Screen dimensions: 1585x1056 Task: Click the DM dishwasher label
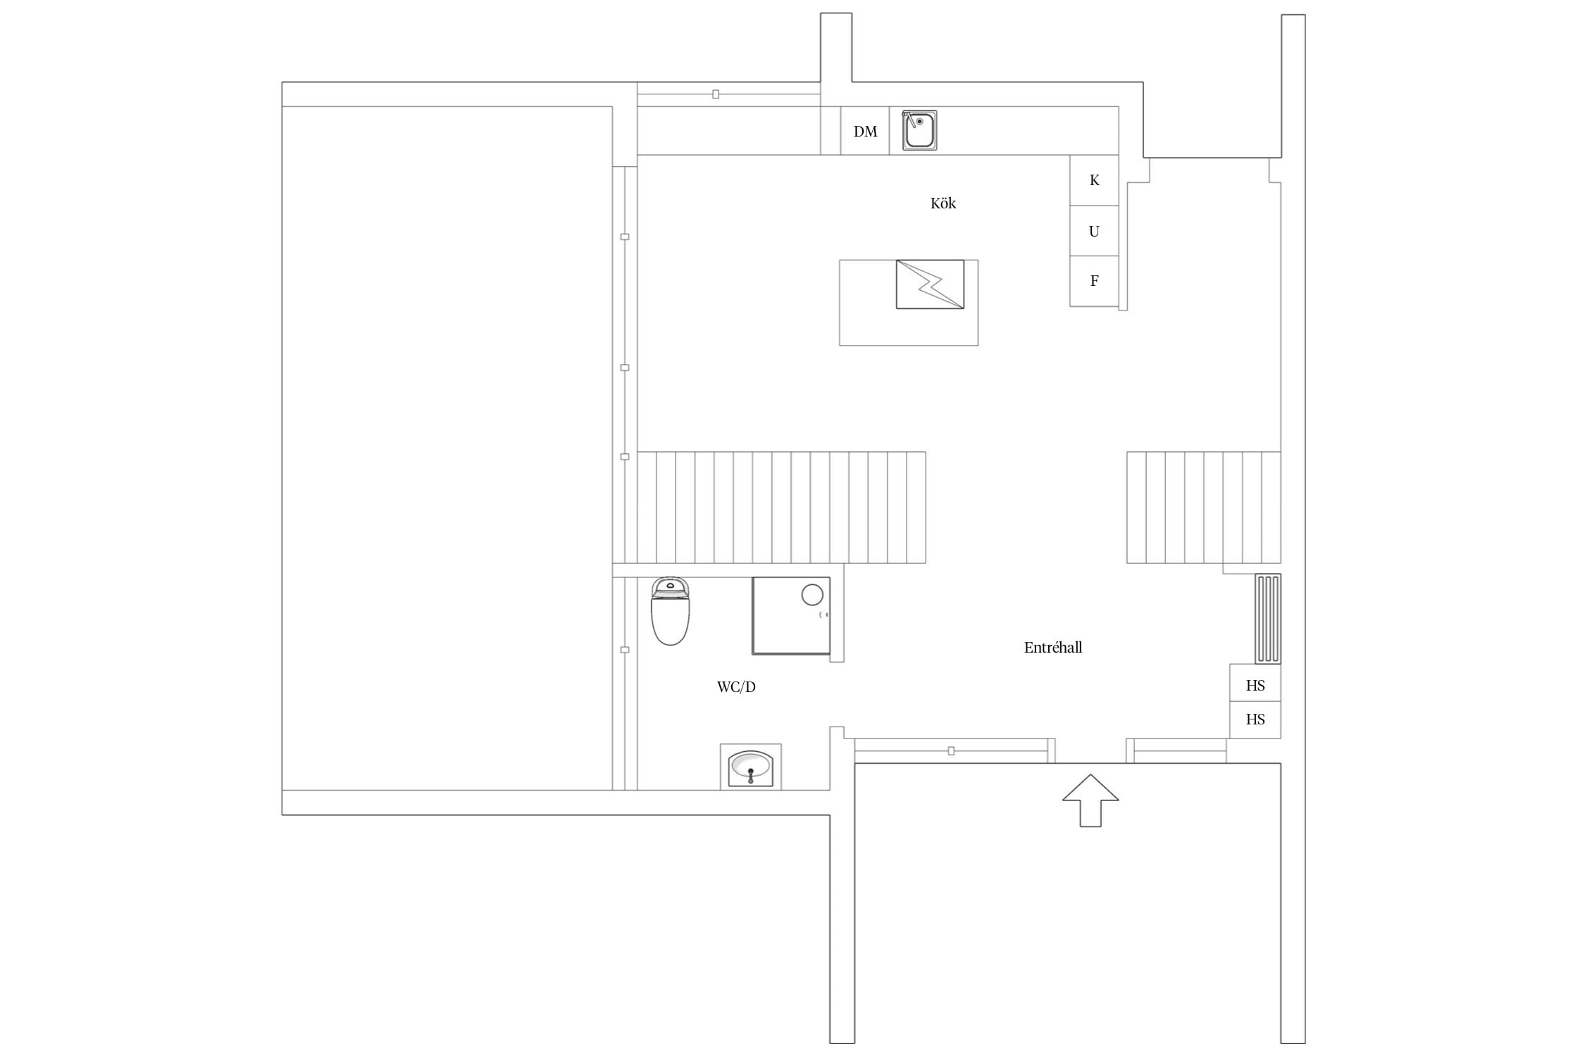(x=865, y=132)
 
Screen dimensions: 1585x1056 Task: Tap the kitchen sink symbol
(x=919, y=130)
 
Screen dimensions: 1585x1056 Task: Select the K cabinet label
(x=1094, y=180)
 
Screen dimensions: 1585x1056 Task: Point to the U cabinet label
(x=1094, y=231)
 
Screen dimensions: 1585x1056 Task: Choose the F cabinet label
(x=1094, y=281)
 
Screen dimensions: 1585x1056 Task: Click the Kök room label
(x=943, y=203)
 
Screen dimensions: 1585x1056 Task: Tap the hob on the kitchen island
(x=930, y=284)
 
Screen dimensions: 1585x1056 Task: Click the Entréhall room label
(x=1053, y=648)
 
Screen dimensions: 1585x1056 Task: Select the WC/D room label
(x=736, y=687)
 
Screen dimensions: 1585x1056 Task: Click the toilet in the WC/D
(x=670, y=611)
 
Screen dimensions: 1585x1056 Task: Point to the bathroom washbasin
(x=751, y=767)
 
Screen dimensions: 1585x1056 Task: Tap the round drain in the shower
(x=812, y=595)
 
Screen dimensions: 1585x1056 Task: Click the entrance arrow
(x=1090, y=800)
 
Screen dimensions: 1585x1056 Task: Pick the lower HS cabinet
(x=1255, y=719)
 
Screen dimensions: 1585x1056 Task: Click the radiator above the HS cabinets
(x=1268, y=619)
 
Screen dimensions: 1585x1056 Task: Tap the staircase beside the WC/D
(x=781, y=508)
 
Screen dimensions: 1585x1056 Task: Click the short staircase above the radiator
(x=1203, y=508)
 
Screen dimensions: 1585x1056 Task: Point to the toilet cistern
(x=670, y=586)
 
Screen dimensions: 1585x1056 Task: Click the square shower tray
(x=791, y=616)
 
